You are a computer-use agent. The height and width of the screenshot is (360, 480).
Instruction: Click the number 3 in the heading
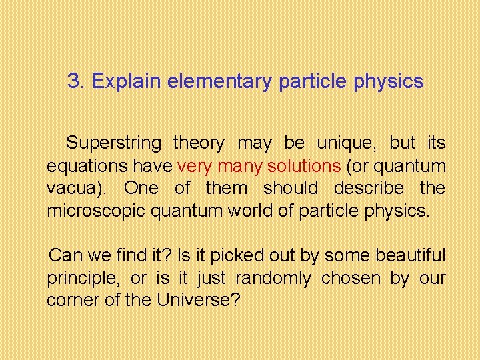(73, 82)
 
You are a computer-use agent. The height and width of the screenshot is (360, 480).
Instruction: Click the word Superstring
(114, 143)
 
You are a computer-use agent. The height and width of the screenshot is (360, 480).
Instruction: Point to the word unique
(345, 143)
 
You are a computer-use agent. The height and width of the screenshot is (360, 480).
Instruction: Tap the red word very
(193, 165)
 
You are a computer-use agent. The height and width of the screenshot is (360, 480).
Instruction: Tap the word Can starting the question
(65, 255)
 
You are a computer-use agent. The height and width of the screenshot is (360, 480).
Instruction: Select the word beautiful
(410, 255)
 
